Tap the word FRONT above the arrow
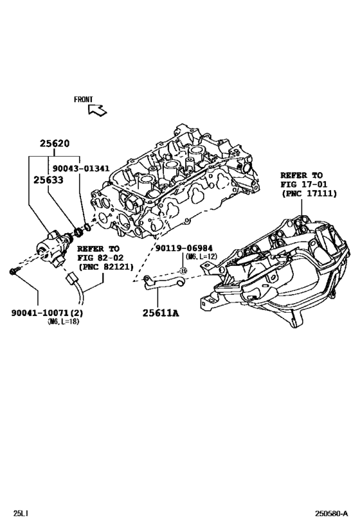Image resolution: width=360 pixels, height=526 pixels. pyautogui.click(x=84, y=100)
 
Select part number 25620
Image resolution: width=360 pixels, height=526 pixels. pyautogui.click(x=57, y=145)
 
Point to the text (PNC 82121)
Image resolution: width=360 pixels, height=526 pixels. pyautogui.click(x=105, y=266)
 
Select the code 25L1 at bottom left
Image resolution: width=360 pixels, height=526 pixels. pyautogui.click(x=21, y=514)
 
